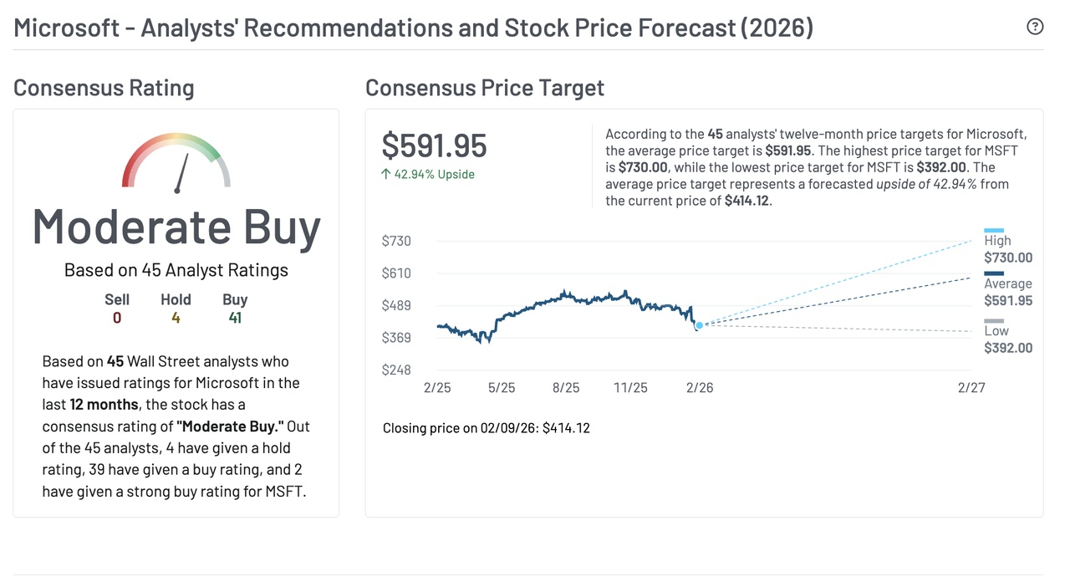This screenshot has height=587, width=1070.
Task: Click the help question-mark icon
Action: [x=1035, y=27]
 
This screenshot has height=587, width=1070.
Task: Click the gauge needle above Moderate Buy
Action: [x=182, y=172]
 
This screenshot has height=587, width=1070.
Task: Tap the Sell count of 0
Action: [x=117, y=318]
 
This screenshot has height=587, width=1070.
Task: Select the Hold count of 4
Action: [x=176, y=318]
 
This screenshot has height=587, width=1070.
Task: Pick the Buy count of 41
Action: [x=235, y=318]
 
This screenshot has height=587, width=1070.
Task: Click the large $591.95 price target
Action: [x=434, y=145]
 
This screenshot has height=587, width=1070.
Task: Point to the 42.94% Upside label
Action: [x=428, y=175]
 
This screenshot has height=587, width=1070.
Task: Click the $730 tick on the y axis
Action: [x=396, y=241]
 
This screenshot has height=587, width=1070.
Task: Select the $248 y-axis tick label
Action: [x=396, y=370]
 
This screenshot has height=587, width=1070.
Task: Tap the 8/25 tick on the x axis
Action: [x=566, y=388]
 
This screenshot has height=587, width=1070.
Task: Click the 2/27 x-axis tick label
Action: [x=971, y=388]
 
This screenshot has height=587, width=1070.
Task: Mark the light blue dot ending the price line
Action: [x=699, y=325]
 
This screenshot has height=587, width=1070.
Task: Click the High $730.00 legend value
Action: [x=1008, y=258]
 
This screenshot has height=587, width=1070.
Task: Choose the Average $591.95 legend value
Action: [x=1008, y=301]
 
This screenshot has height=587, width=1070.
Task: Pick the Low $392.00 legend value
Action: [x=1008, y=348]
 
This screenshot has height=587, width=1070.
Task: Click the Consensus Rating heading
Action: [x=104, y=88]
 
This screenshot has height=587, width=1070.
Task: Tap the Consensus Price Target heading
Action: [x=485, y=88]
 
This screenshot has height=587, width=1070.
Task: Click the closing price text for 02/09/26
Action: [x=486, y=428]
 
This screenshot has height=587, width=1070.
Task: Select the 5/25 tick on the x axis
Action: [x=502, y=388]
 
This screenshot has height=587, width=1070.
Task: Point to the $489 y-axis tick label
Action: [x=396, y=305]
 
